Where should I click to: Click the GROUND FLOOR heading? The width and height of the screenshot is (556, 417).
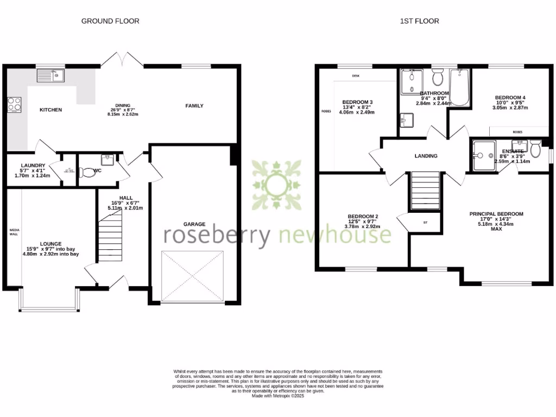[110, 21]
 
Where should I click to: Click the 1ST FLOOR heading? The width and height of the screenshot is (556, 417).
[419, 21]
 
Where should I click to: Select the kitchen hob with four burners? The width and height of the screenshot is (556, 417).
[14, 104]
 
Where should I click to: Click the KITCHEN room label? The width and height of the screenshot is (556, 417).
[50, 110]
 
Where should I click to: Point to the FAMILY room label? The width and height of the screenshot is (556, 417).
[194, 106]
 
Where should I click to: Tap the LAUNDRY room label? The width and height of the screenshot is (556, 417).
[32, 165]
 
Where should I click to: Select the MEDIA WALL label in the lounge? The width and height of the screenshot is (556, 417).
[14, 232]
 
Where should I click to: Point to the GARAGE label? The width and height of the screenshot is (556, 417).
[194, 224]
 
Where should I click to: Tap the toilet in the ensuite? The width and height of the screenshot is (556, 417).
[535, 149]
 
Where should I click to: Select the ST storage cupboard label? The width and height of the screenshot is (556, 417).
[425, 222]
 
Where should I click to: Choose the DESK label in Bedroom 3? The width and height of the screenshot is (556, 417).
[356, 76]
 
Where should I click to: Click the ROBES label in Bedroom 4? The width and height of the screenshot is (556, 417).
[518, 131]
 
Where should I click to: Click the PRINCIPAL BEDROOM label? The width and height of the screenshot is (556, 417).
[496, 214]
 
